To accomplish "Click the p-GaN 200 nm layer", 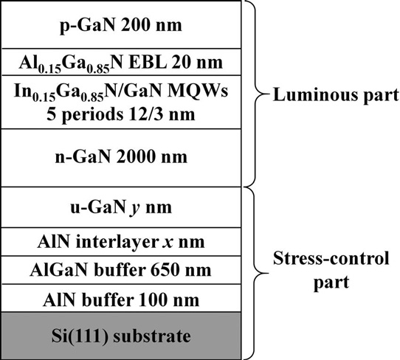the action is pos(121,24).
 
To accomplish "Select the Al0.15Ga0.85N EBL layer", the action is pos(121,62).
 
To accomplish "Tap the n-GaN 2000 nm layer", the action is pos(121,158).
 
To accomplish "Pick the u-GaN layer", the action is pos(121,207).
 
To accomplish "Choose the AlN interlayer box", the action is pos(121,242).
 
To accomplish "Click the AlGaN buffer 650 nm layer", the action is pos(121,270).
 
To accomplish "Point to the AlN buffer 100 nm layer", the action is pos(121,298).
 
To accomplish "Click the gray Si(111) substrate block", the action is pos(121,336).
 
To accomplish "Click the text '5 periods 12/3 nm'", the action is pos(121,114).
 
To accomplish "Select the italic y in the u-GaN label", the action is pos(134,209).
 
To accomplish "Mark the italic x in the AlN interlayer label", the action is pos(168,242).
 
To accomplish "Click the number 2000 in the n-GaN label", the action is pos(135,156).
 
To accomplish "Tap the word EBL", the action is pos(147,62).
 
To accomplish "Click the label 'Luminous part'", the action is pos(336,96).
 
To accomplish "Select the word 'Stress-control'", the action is pos(331,258).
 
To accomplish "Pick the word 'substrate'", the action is pos(152,336).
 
